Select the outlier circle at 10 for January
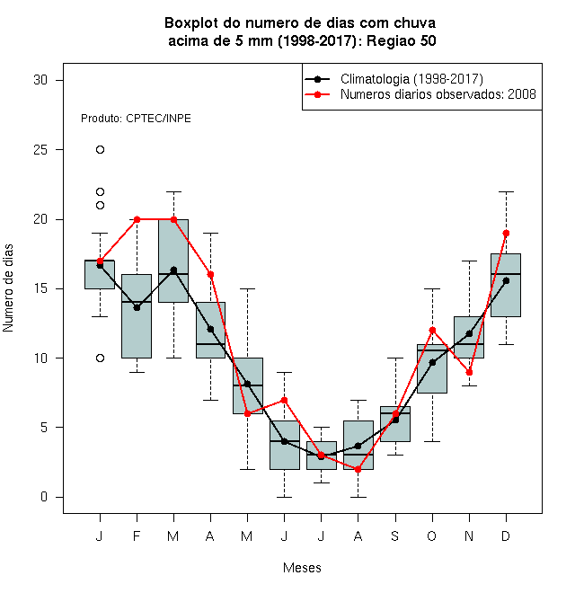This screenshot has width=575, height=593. tap(100, 358)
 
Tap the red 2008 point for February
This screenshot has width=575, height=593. tap(137, 219)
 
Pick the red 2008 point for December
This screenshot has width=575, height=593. tap(506, 233)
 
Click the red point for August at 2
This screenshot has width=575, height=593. tap(358, 469)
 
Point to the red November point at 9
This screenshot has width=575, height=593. tap(469, 373)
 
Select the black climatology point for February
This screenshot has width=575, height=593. tap(137, 308)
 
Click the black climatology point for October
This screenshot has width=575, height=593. tap(432, 363)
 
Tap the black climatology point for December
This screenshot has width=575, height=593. tap(506, 280)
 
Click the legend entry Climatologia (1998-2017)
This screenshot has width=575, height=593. tap(411, 79)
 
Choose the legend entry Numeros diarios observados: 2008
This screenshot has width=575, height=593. tap(438, 94)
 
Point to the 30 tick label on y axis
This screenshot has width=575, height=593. tap(40, 80)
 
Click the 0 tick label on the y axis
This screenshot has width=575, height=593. tap(44, 497)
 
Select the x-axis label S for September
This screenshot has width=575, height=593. tap(395, 535)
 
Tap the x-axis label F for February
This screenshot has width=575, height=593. tap(137, 535)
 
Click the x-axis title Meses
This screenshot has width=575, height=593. tap(302, 568)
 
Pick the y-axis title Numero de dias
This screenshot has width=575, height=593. tap(8, 288)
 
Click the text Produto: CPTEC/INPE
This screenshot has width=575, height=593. tap(136, 119)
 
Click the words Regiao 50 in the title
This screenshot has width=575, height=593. tap(402, 40)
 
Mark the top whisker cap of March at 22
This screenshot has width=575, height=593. tap(173, 191)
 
